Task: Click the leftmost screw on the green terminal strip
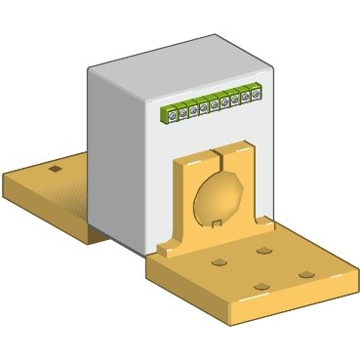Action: [172, 115]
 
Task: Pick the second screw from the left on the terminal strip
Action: [182, 113]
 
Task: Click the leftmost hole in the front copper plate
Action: [219, 263]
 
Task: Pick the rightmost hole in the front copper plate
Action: [306, 275]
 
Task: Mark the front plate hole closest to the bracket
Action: [264, 251]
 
